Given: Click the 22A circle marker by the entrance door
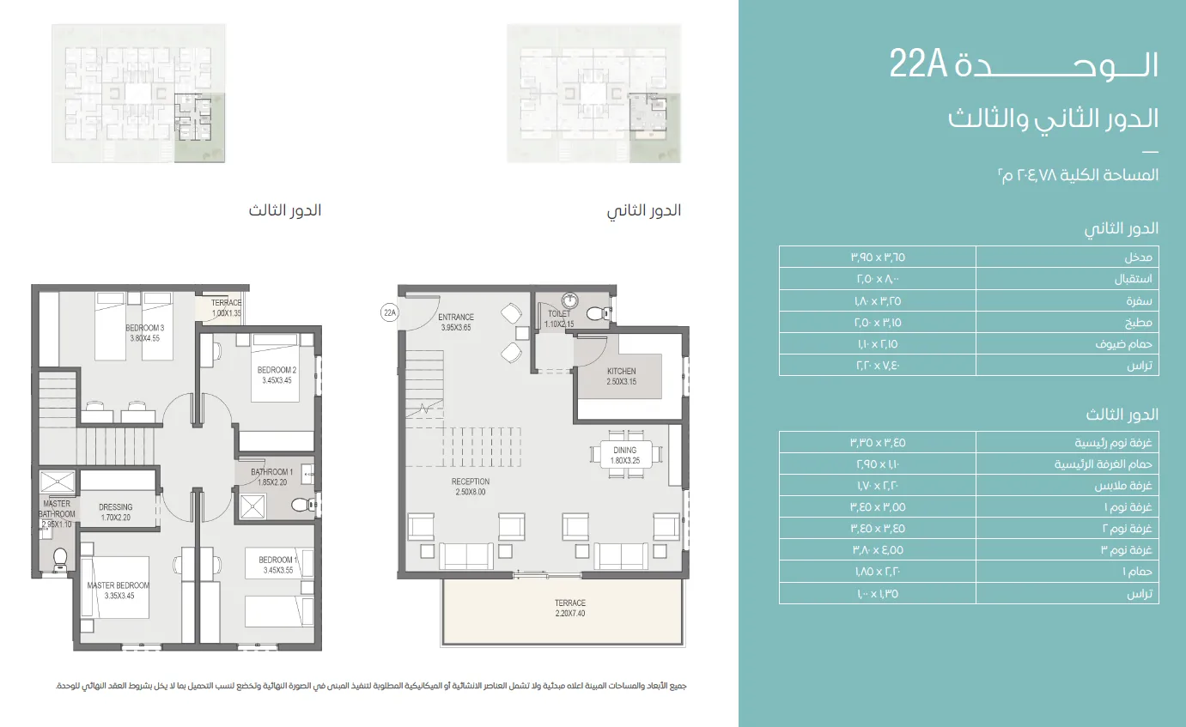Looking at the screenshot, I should tap(390, 313).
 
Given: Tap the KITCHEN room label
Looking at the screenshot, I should tap(622, 376).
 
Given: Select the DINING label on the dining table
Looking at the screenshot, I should tap(625, 455).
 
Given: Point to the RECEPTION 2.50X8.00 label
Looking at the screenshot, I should tap(471, 487).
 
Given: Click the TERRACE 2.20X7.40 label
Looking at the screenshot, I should tap(569, 608).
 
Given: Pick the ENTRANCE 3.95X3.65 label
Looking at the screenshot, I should tap(457, 322).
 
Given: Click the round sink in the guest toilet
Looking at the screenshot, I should tap(570, 300).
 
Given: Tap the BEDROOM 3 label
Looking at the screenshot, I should tap(144, 333).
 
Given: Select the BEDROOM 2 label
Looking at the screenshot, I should tap(277, 375).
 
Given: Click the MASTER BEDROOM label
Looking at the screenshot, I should tap(118, 590).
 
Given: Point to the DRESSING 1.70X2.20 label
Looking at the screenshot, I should tap(116, 512).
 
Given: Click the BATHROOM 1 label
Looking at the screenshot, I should tap(272, 476).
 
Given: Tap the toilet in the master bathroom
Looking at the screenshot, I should tap(60, 559).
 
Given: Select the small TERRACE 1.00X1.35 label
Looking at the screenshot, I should tap(228, 307).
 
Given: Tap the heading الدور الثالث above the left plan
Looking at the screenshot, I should tap(285, 210).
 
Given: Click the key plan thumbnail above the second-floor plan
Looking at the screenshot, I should tap(593, 93).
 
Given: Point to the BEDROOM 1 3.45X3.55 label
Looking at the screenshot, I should tap(277, 565).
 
